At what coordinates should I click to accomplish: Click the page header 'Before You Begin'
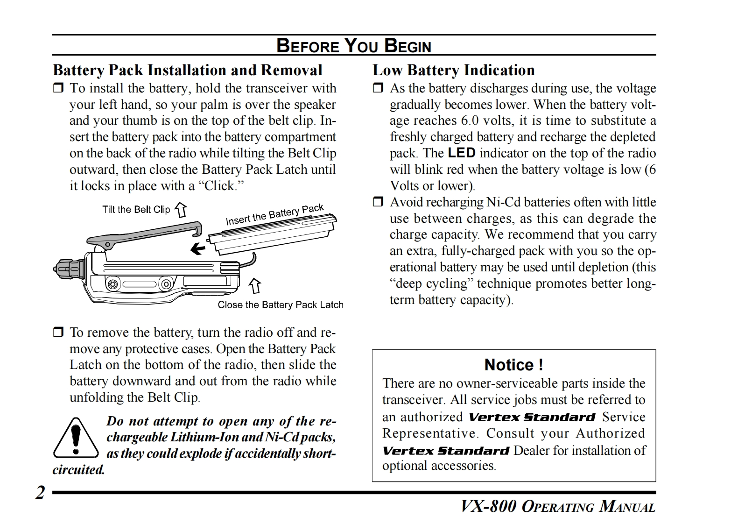point(354,45)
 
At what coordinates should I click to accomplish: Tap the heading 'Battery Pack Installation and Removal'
point(187,70)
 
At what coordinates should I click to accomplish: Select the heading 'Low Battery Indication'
point(453,70)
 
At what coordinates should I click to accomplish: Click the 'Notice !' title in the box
point(513,364)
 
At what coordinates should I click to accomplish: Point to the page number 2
point(41,493)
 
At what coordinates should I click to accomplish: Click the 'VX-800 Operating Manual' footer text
point(558,506)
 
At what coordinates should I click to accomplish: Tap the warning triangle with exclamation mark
point(76,438)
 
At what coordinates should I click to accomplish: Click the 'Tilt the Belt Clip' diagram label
point(136,209)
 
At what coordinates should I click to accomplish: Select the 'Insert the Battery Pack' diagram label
point(274,214)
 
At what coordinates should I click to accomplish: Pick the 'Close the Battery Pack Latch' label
point(280,305)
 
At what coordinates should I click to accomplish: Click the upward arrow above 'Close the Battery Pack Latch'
point(254,285)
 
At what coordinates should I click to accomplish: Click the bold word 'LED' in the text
point(461,153)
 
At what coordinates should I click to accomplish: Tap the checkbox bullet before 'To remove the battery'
point(58,333)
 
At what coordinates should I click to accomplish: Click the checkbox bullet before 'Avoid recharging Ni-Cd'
point(378,202)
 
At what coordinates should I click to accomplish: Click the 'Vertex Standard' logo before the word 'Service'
point(532,417)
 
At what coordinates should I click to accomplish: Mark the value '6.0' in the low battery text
point(470,120)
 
